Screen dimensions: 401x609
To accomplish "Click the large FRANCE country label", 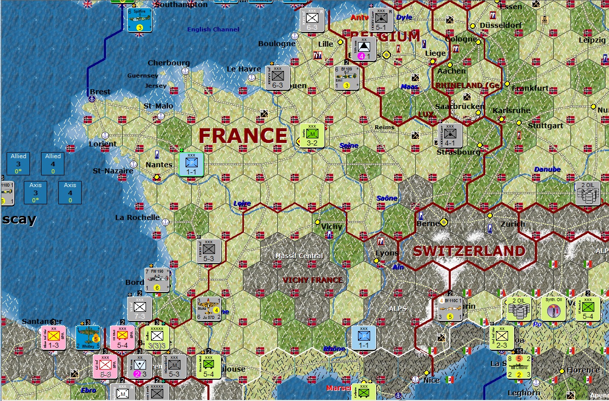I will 243,136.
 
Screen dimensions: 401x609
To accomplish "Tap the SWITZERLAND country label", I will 469,251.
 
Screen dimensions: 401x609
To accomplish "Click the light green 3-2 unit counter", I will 312,135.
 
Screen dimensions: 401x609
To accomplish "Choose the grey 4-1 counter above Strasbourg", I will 450,135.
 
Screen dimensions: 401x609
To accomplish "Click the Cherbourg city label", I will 169,63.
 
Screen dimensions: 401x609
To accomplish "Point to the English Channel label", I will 213,29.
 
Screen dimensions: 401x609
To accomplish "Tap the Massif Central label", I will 299,256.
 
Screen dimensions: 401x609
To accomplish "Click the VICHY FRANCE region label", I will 312,280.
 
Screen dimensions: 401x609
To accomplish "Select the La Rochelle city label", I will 137,217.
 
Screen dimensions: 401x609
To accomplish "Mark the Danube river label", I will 547,169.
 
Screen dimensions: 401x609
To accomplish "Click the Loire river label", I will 242,203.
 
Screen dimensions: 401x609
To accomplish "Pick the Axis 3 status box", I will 35,193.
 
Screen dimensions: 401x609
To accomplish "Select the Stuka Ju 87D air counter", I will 209,309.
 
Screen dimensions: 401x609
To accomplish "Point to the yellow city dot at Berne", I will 444,222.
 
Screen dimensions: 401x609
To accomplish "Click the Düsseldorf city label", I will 500,25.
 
